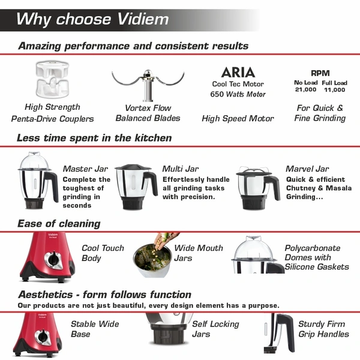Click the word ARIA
tap(238, 73)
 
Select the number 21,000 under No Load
tap(305, 90)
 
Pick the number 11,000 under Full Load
tap(334, 90)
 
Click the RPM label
tap(320, 73)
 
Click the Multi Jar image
tap(137, 186)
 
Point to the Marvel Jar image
tap(257, 187)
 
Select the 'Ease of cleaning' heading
tap(59, 224)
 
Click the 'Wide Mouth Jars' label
tap(198, 253)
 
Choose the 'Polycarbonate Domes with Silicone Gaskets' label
tap(316, 257)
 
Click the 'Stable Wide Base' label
tap(95, 329)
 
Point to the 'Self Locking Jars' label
tap(215, 329)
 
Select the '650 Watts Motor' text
tap(238, 94)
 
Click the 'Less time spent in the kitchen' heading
tap(94, 138)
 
